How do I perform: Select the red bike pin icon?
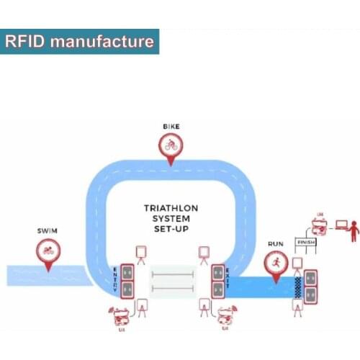coord(170,146)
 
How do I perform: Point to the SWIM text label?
coord(47,232)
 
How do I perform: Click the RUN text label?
coord(276,243)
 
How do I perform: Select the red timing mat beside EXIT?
coord(216,282)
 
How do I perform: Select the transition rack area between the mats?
coord(171,282)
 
